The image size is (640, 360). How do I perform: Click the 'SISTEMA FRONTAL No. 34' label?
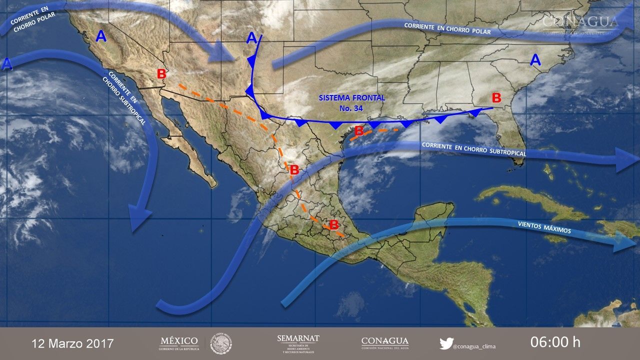[352, 102]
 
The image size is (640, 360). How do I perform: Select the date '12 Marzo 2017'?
[73, 343]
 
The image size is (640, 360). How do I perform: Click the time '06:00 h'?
[555, 342]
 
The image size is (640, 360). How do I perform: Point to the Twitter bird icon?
[446, 343]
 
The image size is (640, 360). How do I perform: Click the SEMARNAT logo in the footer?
[298, 343]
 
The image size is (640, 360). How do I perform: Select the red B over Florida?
[496, 97]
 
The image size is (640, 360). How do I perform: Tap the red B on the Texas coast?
[358, 131]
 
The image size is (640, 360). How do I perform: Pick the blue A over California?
[101, 36]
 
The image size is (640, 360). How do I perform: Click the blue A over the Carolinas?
[535, 60]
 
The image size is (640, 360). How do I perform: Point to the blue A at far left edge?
[7, 64]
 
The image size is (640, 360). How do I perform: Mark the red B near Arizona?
[161, 74]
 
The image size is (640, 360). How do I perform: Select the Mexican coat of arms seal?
[220, 343]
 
